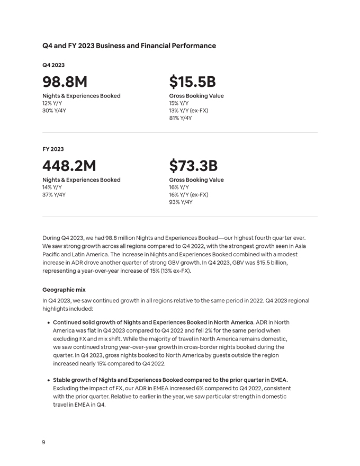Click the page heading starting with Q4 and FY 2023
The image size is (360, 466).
point(129,46)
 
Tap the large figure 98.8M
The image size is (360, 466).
point(65,82)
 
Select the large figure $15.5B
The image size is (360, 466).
point(192,82)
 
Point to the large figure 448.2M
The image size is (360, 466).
point(69,166)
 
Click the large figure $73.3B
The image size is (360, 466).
point(193,166)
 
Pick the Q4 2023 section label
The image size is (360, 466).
point(53,65)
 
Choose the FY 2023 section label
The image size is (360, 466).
point(53,149)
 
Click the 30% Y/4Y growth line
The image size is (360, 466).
point(54,111)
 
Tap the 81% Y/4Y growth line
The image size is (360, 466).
point(181,118)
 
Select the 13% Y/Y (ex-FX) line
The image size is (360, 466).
point(188,111)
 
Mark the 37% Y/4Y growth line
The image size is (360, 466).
point(54,194)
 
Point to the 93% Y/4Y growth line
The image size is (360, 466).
point(181,202)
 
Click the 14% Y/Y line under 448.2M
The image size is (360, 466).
point(52,187)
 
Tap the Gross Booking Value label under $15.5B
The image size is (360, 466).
point(196,96)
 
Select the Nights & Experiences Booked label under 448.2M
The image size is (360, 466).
point(81,180)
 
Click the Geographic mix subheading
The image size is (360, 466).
point(64,290)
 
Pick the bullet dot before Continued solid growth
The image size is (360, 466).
point(48,322)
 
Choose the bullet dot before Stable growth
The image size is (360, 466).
point(48,380)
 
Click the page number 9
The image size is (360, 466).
point(44,442)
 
